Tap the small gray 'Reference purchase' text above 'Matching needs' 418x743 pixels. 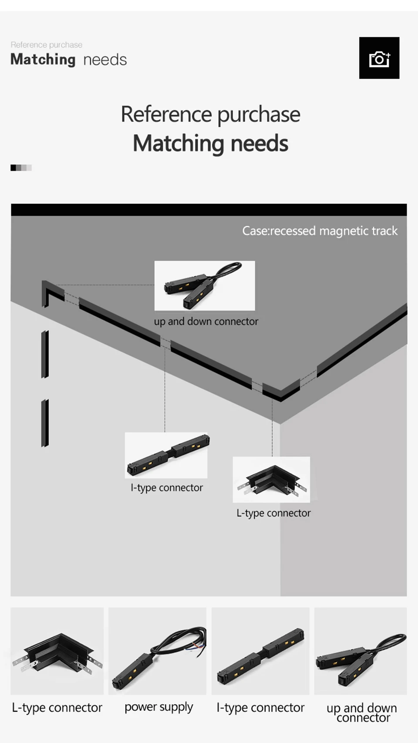pos(47,45)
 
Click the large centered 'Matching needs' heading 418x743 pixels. pos(211,143)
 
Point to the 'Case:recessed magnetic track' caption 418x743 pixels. pos(320,231)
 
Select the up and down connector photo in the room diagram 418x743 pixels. pos(205,286)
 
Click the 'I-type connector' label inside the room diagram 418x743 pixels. pos(166,488)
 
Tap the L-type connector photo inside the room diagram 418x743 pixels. pos(271,480)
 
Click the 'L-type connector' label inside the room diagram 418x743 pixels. pos(273,513)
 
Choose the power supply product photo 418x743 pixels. pos(157,651)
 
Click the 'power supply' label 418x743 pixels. pos(158,707)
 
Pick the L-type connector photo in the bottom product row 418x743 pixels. pos(57,651)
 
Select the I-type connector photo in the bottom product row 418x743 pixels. pos(260,651)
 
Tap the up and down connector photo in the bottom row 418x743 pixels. pos(361,651)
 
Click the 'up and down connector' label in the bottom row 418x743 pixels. pos(361,713)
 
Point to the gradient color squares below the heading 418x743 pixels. pos(21,168)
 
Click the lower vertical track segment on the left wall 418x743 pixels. pos(45,423)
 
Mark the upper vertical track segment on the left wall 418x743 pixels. pos(45,354)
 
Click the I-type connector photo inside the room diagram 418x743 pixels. pos(166,455)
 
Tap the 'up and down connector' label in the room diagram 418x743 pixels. pos(206,321)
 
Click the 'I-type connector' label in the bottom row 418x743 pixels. pos(260,708)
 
